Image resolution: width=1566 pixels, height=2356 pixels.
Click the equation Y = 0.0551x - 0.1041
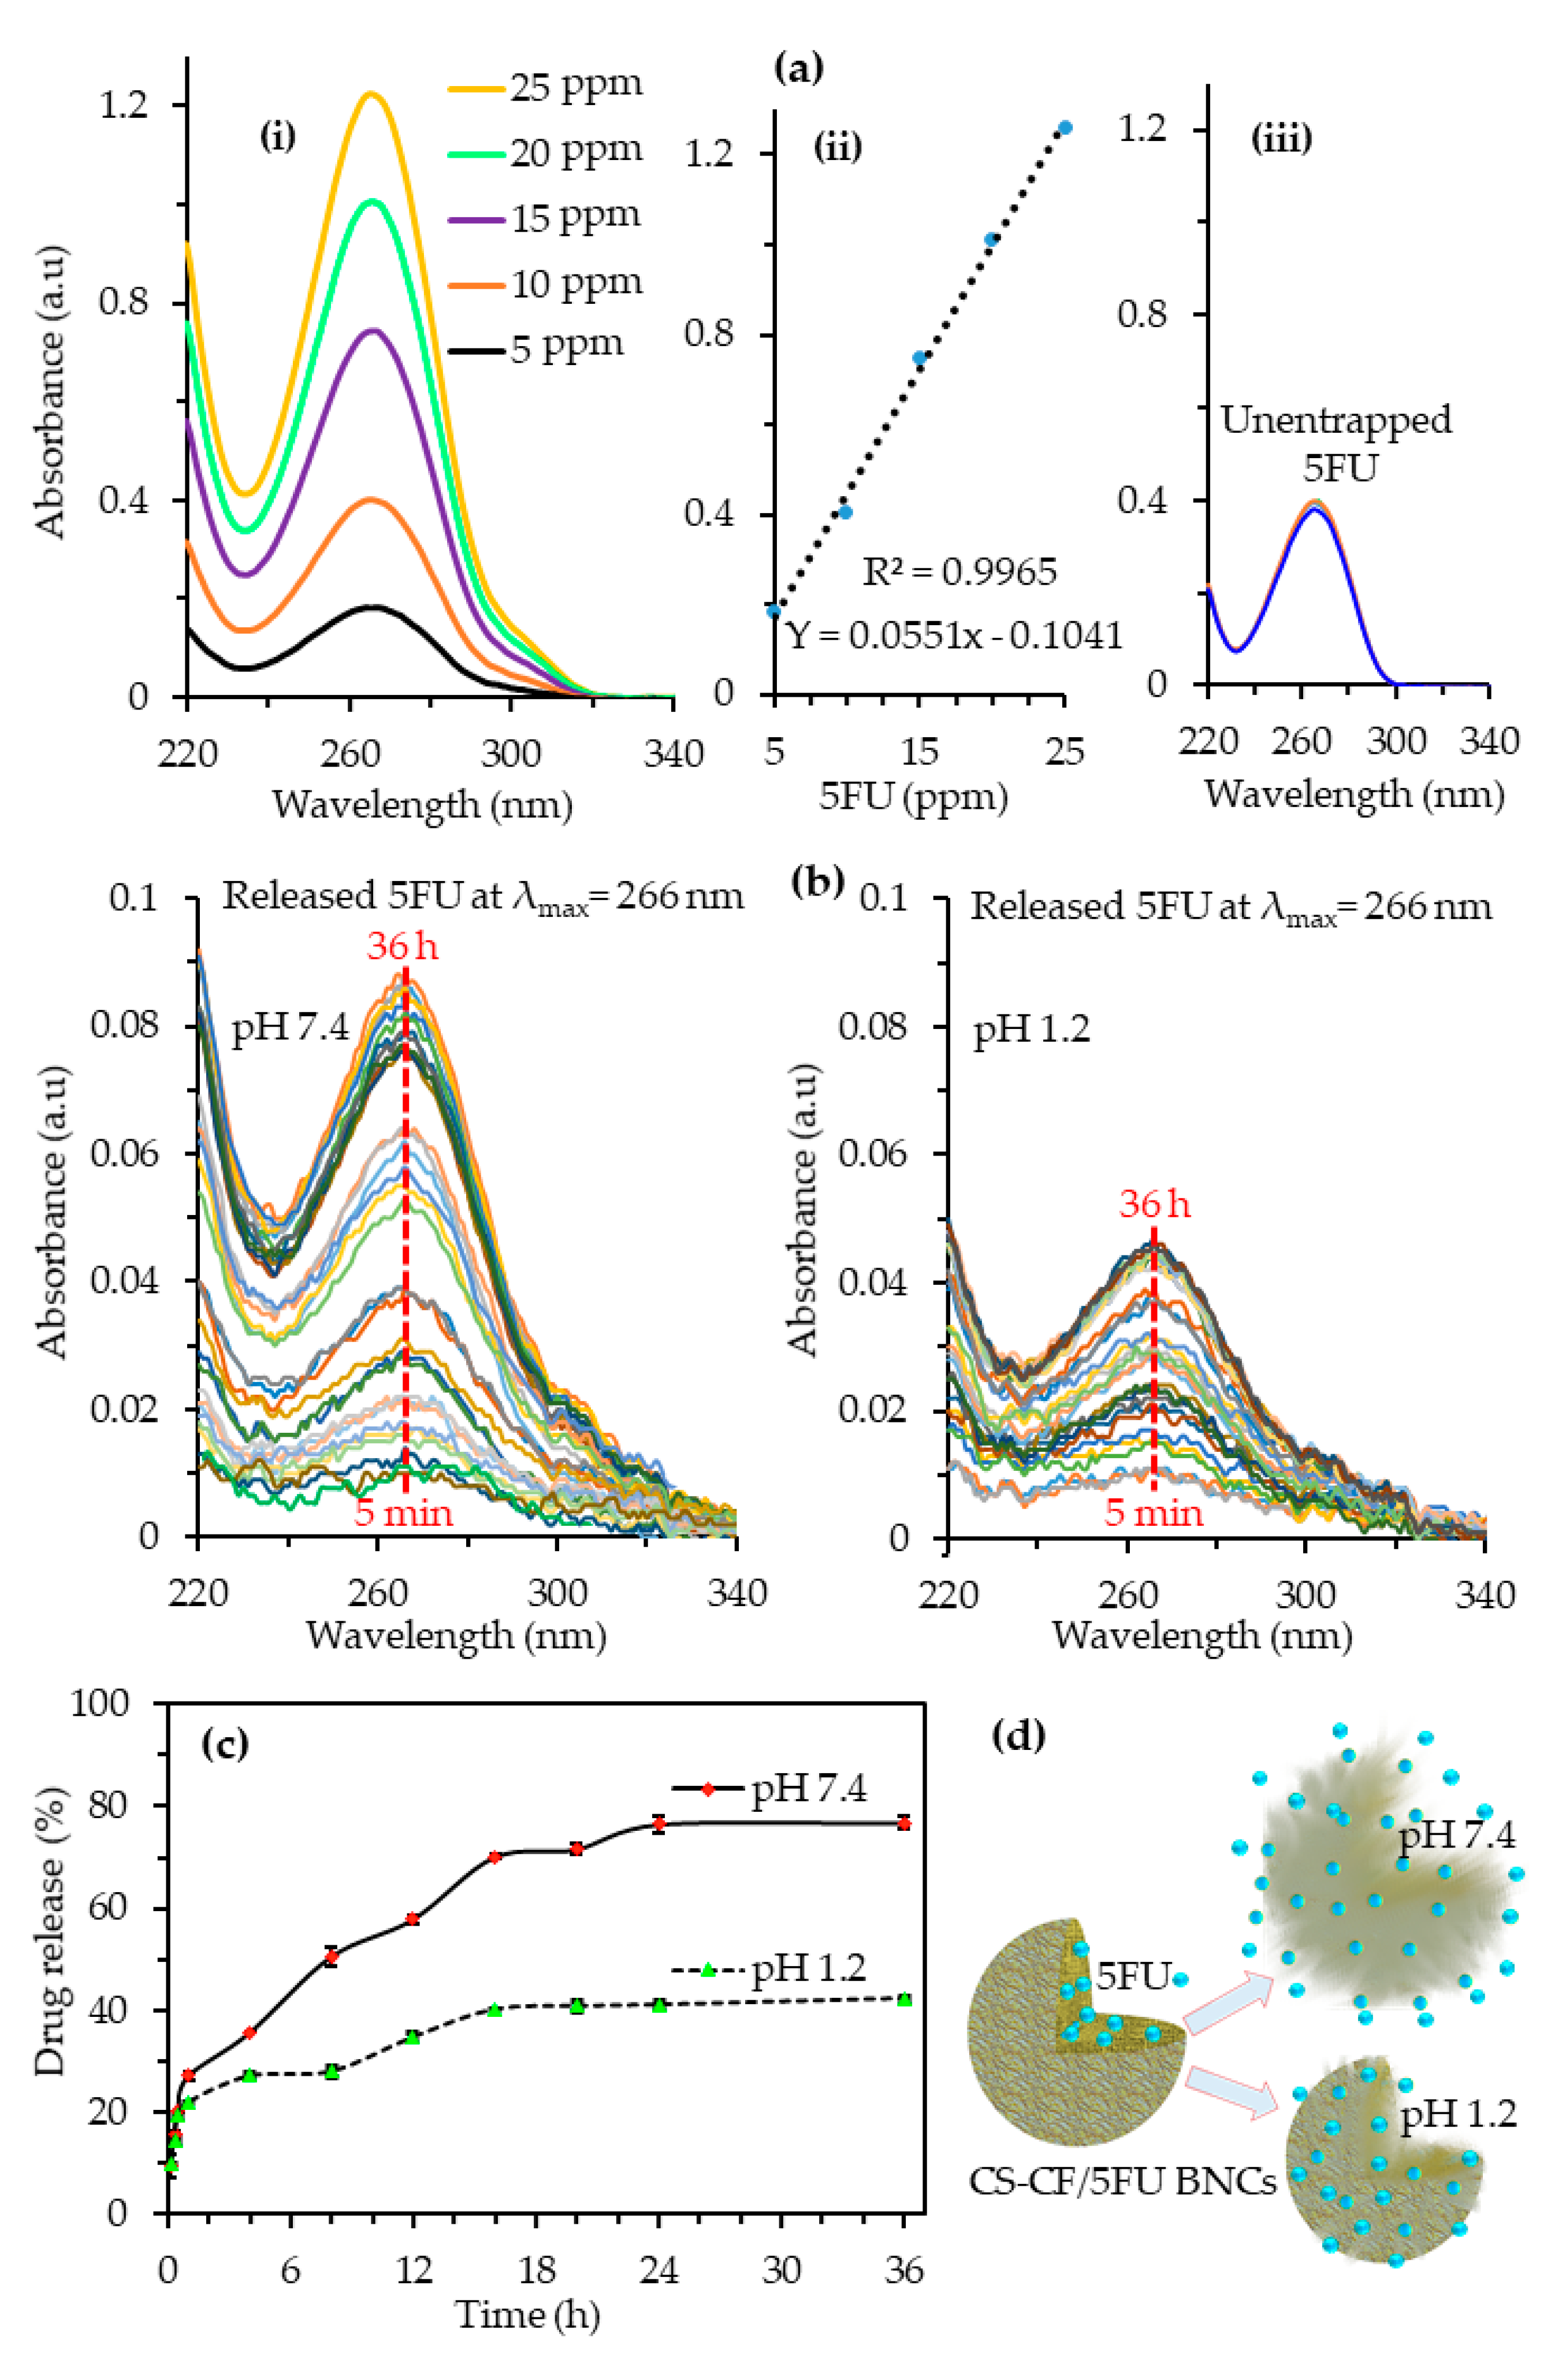click(954, 635)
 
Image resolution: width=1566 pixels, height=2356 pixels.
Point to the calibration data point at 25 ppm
click(1065, 128)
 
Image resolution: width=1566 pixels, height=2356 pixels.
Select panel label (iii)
click(1281, 139)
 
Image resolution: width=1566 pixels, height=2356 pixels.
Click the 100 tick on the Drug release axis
click(100, 1702)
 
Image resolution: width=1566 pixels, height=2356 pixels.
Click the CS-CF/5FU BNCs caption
click(1122, 2181)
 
